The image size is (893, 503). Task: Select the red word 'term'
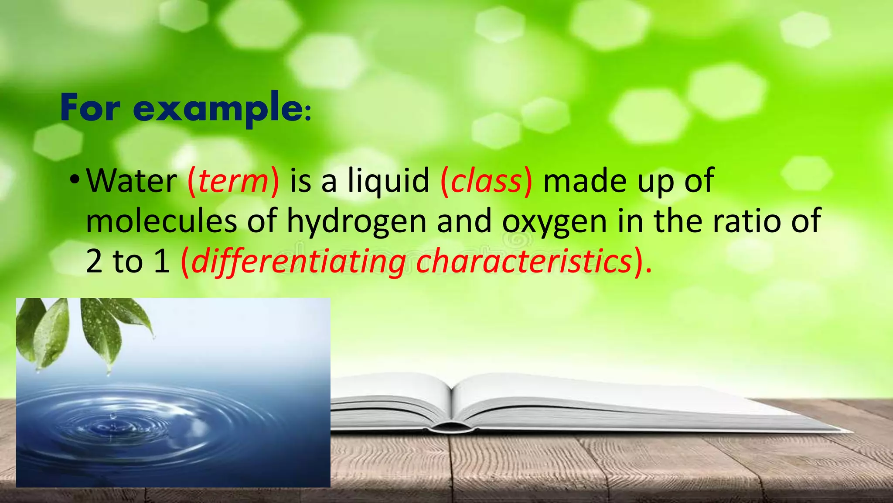coord(233,181)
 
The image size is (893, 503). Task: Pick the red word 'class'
coord(486,181)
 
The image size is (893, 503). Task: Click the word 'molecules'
coord(161,221)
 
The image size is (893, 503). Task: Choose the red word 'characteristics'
coord(524,261)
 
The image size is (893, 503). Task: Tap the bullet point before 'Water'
coord(75,179)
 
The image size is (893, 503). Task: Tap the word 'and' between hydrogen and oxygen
coord(464,221)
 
